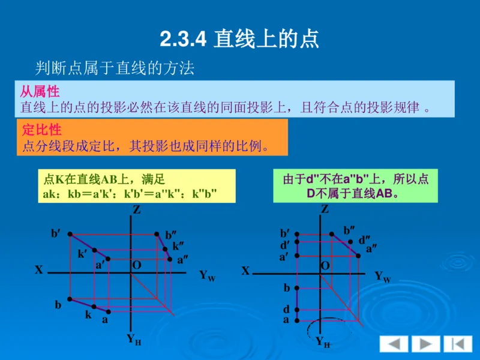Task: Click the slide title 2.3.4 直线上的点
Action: [x=239, y=40]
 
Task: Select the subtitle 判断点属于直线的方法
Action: [x=114, y=68]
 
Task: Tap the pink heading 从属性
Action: [x=40, y=92]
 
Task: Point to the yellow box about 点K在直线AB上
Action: [x=130, y=186]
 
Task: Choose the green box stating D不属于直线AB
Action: [x=355, y=186]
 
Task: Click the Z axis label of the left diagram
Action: [x=137, y=210]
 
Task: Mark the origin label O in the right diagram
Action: [x=325, y=265]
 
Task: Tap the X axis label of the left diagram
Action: [x=39, y=270]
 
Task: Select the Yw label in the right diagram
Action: [x=382, y=277]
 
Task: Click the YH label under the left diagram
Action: [x=133, y=339]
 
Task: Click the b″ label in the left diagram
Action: [x=172, y=235]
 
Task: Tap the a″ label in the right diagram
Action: [x=371, y=247]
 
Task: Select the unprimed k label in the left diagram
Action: [x=88, y=314]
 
